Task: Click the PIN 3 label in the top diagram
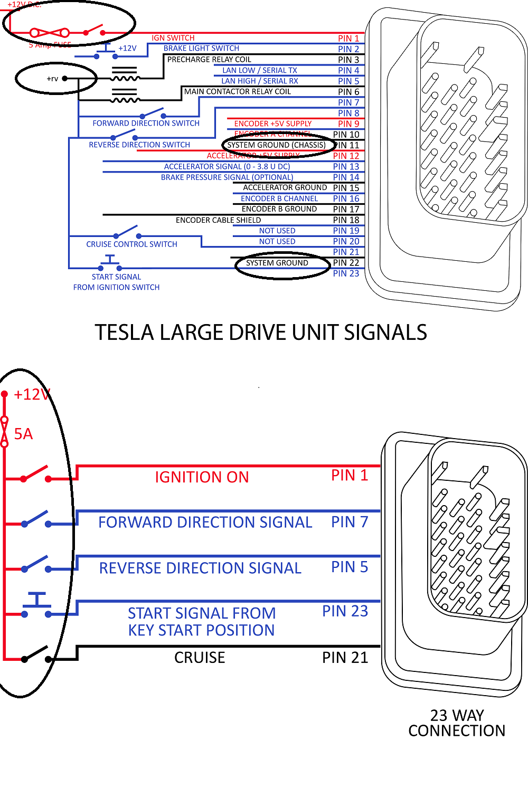click(x=348, y=60)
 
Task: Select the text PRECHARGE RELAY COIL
click(x=209, y=60)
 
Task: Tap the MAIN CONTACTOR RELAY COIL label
click(x=237, y=91)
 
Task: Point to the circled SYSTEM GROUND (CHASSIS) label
click(x=276, y=145)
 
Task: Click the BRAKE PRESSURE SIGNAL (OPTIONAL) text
click(x=227, y=177)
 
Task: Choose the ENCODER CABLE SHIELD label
click(x=218, y=220)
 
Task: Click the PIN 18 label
click(x=346, y=220)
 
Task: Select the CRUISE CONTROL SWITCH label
click(x=131, y=244)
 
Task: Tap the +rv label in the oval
click(x=52, y=79)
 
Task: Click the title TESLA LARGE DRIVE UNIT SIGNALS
click(x=261, y=333)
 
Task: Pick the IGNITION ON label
click(x=202, y=477)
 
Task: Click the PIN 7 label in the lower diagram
click(x=349, y=522)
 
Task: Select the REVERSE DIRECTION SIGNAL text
click(x=200, y=568)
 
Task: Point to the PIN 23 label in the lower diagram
click(x=345, y=611)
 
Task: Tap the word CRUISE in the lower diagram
click(x=200, y=658)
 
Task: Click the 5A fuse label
click(x=23, y=434)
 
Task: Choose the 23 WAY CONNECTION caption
click(x=457, y=723)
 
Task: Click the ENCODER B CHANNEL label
click(x=279, y=198)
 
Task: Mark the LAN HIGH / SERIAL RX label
click(x=259, y=81)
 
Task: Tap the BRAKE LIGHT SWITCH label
click(x=201, y=48)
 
